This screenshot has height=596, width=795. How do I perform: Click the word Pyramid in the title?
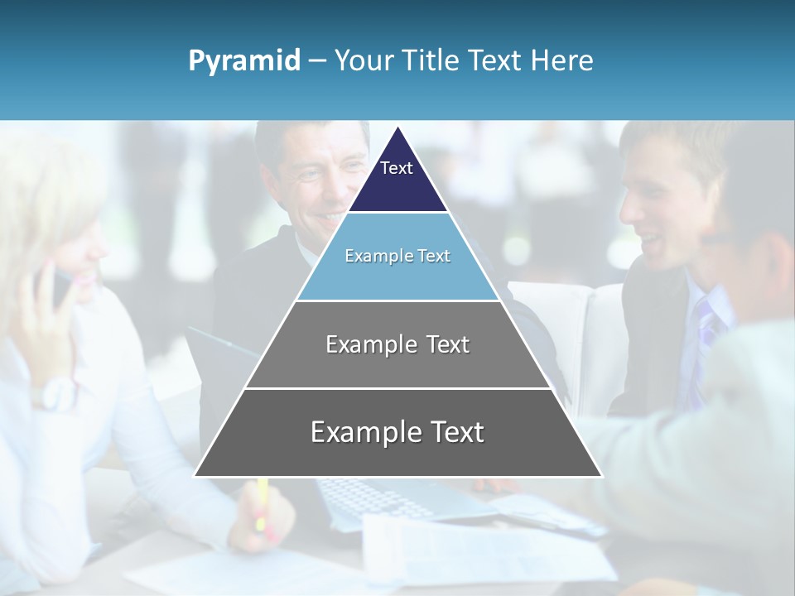243,61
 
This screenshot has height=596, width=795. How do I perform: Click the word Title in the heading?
431,60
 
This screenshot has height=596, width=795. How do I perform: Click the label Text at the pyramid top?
397,168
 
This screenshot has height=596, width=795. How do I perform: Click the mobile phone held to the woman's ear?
60,289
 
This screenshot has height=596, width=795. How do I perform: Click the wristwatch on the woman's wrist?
55,393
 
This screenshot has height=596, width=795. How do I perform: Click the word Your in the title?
363,60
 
